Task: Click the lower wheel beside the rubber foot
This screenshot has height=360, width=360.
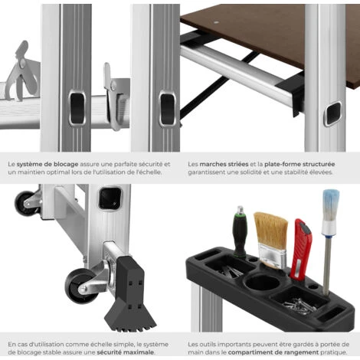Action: tap(80, 286)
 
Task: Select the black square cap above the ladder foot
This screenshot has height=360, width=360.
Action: tap(110, 198)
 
